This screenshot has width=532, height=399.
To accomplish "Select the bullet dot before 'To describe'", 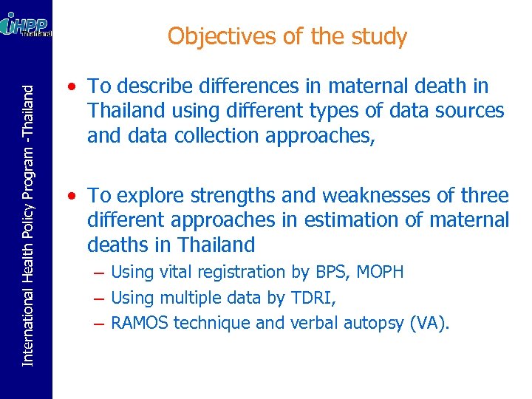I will [x=69, y=87].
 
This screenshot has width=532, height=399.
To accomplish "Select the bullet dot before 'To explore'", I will [x=69, y=197].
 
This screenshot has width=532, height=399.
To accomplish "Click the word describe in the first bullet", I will [x=153, y=86].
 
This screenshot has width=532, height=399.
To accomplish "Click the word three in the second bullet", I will [x=483, y=196].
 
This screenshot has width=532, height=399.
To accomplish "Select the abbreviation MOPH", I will [x=380, y=272].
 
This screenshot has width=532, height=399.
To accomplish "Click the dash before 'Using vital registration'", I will [x=98, y=273].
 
